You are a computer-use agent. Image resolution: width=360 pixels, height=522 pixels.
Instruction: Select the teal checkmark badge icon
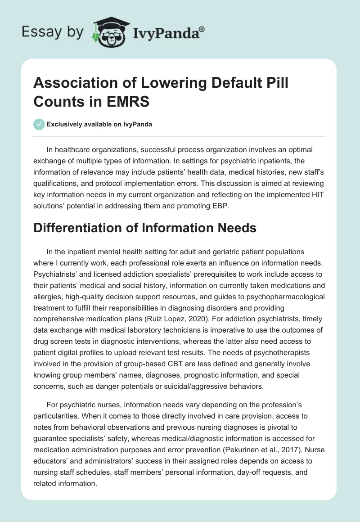(39, 124)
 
